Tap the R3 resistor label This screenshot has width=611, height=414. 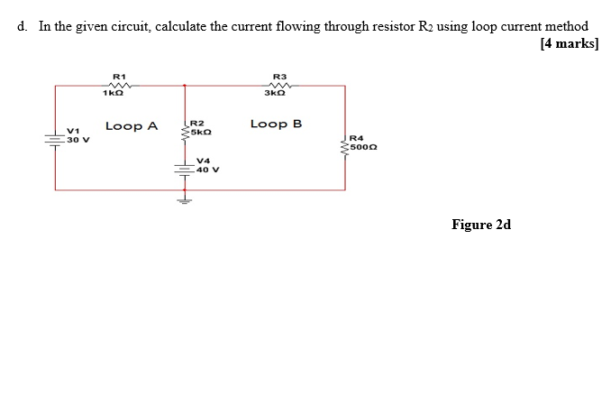click(x=278, y=76)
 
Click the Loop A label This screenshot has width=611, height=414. click(x=132, y=126)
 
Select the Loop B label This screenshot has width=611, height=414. click(x=277, y=124)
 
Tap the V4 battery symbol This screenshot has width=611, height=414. click(x=186, y=168)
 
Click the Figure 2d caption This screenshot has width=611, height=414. click(x=481, y=225)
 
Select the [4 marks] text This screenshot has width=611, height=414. click(x=569, y=44)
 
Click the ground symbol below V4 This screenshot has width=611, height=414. click(x=186, y=200)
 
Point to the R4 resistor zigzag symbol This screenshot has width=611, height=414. click(x=345, y=143)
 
